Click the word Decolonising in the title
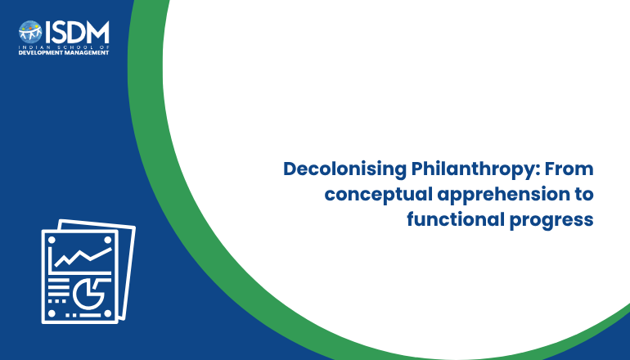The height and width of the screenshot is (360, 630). coord(345,169)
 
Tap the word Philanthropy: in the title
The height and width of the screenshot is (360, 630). coord(475,169)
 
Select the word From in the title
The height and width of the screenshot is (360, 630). coord(569,169)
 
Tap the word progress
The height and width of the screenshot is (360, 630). coord(551,221)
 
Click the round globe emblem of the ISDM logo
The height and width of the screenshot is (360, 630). coord(30,32)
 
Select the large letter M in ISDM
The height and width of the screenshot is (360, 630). coord(97,32)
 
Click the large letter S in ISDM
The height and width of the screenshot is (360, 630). coord(58,32)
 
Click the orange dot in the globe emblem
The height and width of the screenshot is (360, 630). coord(37,27)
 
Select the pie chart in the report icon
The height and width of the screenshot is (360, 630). coord(89,294)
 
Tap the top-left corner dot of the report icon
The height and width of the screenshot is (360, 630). coord(52,241)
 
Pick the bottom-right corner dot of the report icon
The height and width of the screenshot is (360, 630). coord(108,313)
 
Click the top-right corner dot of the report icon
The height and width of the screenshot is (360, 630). coord(108,241)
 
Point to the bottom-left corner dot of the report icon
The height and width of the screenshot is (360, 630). coord(52,313)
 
